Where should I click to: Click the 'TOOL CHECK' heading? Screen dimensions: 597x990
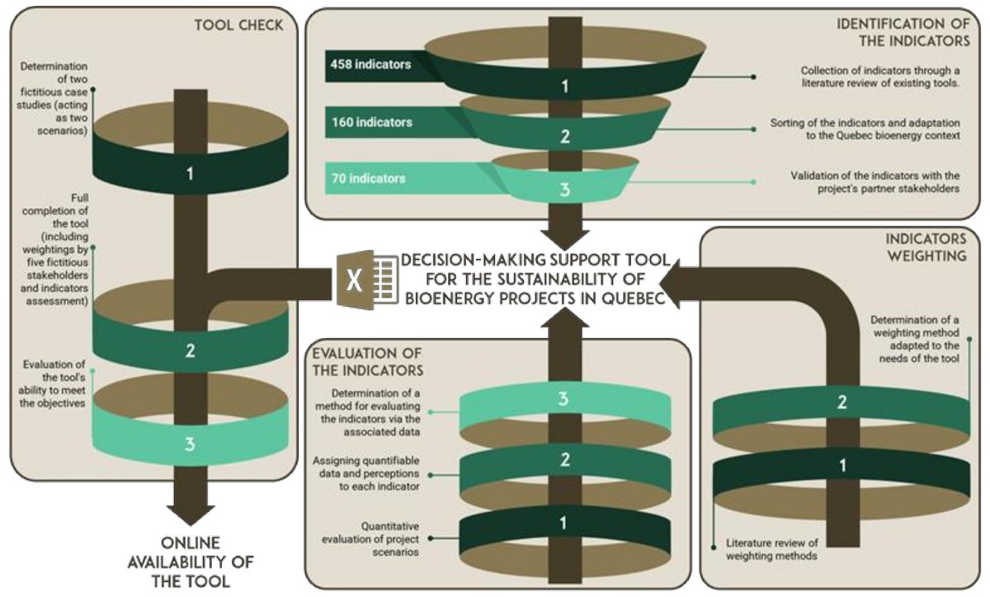pyautogui.click(x=238, y=25)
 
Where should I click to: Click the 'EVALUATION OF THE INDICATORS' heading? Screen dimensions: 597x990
pyautogui.click(x=368, y=361)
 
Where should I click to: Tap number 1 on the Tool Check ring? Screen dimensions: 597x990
pyautogui.click(x=191, y=174)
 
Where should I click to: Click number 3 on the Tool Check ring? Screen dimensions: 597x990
pyautogui.click(x=191, y=444)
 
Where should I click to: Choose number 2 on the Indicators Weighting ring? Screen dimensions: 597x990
pyautogui.click(x=842, y=403)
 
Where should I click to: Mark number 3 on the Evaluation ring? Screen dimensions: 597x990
pyautogui.click(x=564, y=400)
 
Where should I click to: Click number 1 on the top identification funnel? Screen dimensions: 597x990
pyautogui.click(x=565, y=85)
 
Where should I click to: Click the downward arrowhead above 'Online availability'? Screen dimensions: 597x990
pyautogui.click(x=191, y=511)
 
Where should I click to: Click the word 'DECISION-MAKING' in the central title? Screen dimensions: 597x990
pyautogui.click(x=451, y=261)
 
